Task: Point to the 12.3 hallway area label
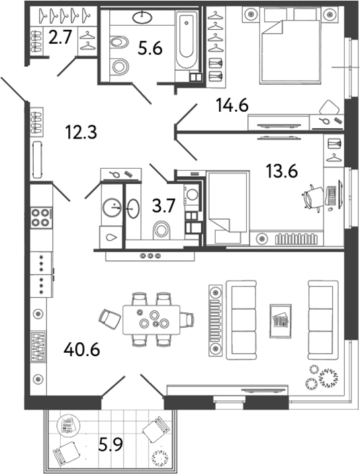coord(83,132)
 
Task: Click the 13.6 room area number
coord(281,171)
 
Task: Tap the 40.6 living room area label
coord(82,348)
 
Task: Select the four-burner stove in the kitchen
coord(42,217)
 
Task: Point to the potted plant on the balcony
coord(159,457)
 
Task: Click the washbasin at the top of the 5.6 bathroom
coord(142,19)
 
